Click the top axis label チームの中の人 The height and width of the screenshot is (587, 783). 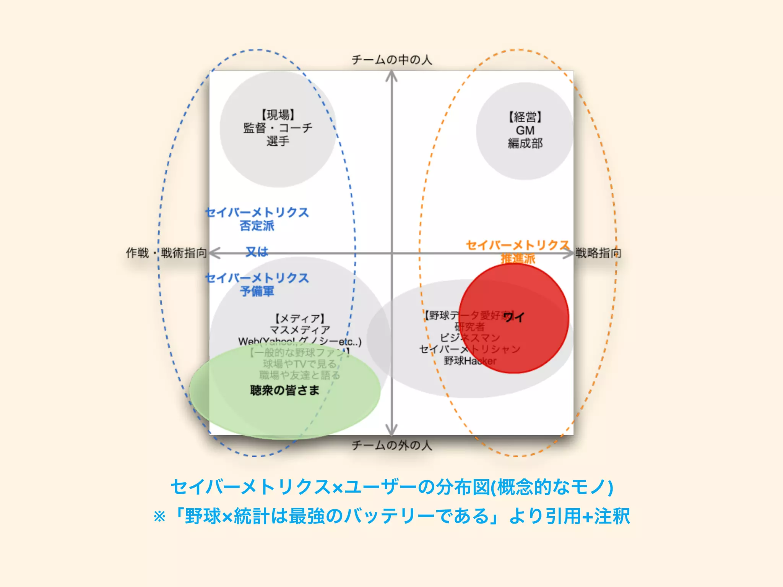point(391,60)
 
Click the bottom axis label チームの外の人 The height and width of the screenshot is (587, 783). point(391,445)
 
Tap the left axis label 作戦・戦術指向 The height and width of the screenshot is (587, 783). point(166,253)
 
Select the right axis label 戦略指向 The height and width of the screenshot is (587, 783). point(598,253)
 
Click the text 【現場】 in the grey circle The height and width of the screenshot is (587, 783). point(278,115)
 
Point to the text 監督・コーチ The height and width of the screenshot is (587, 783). point(278,128)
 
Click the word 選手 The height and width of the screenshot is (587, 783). point(278,141)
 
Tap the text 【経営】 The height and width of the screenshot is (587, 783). point(525,117)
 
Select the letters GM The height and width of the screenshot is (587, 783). point(525,130)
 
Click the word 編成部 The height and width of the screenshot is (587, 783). point(525,143)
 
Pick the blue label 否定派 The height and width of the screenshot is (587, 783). point(257,226)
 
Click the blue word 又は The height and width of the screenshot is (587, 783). point(257,251)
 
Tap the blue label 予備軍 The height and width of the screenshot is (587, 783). point(257,291)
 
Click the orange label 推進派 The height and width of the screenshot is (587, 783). point(518,259)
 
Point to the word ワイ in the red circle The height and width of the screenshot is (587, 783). point(514,317)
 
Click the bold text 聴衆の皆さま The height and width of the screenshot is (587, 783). point(285,390)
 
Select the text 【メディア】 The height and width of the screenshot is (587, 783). point(300,318)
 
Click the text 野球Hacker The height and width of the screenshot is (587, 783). point(470,361)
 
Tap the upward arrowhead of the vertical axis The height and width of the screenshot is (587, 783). point(391,76)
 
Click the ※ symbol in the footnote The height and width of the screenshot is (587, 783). point(159,517)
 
